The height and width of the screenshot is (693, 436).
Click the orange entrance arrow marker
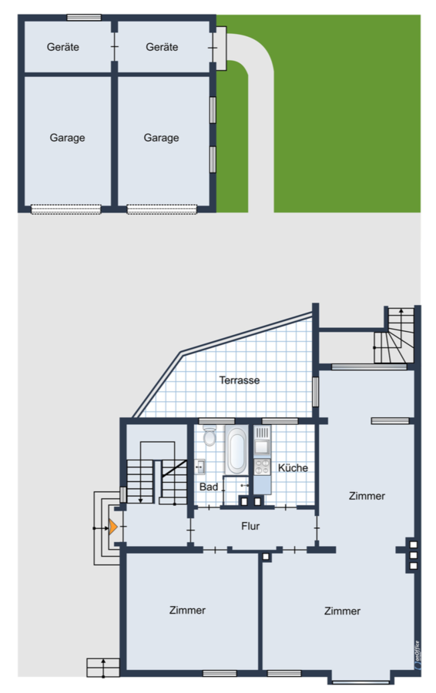(x=113, y=527)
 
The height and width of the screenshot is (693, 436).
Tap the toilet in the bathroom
(x=210, y=435)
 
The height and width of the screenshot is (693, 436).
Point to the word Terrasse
(x=240, y=380)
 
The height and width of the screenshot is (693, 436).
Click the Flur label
(x=250, y=526)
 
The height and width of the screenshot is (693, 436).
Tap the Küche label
(x=293, y=467)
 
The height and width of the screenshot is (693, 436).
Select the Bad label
(x=209, y=487)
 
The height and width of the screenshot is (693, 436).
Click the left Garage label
(x=67, y=138)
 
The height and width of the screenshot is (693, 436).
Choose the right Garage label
(x=162, y=138)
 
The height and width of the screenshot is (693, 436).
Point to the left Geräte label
(x=63, y=47)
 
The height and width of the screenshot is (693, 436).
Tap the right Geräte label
(x=162, y=47)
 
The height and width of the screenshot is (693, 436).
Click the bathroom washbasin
(x=200, y=467)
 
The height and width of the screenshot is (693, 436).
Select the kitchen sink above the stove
(x=262, y=442)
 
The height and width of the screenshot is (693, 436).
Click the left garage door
(x=66, y=209)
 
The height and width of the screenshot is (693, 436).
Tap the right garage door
(x=162, y=209)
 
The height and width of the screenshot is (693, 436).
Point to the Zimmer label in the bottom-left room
(x=187, y=610)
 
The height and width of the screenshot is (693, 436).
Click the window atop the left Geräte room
(x=84, y=17)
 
